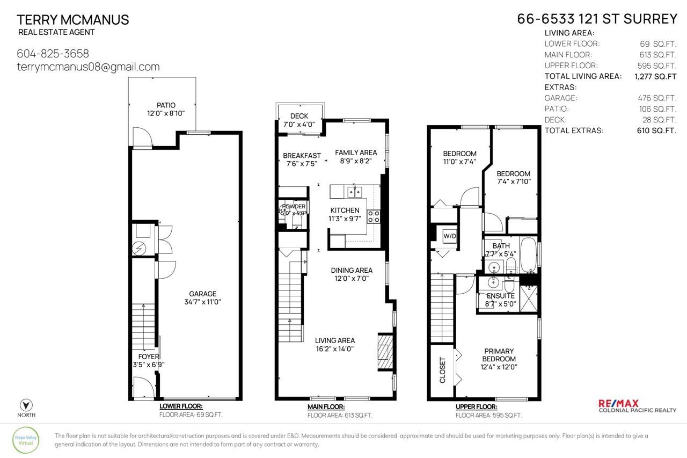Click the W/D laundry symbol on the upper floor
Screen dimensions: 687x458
(x=450, y=236)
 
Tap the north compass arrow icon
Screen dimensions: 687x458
(x=26, y=405)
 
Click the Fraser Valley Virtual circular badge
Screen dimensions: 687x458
(x=26, y=440)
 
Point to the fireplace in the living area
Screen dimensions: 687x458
(x=385, y=352)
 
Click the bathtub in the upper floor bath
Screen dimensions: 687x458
(x=528, y=255)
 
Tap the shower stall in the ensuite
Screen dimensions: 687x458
(x=529, y=299)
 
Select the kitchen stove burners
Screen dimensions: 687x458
(x=374, y=216)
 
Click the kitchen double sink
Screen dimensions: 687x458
(x=355, y=192)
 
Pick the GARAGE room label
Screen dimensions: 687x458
(x=202, y=294)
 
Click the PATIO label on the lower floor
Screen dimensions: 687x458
(x=166, y=105)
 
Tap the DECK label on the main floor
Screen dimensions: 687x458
(x=299, y=117)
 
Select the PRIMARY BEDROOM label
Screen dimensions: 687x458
(x=499, y=355)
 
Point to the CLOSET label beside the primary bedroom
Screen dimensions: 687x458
(x=442, y=370)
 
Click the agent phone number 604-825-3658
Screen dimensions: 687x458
(x=53, y=54)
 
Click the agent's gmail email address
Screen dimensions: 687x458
(x=89, y=67)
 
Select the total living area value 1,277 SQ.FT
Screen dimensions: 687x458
(x=655, y=76)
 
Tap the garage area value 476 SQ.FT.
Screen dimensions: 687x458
(x=657, y=98)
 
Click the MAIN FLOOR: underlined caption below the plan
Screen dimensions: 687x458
(x=326, y=407)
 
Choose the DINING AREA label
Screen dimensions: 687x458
(x=352, y=271)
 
